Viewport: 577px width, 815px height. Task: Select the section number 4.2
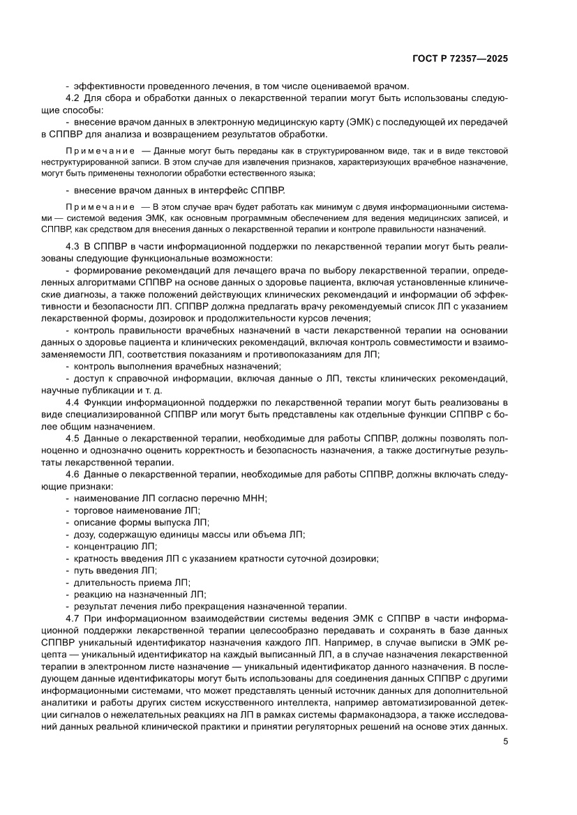pyautogui.click(x=73, y=99)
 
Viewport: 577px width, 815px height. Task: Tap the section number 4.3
pyautogui.click(x=73, y=247)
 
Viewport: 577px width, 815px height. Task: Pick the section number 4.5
pyautogui.click(x=73, y=439)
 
